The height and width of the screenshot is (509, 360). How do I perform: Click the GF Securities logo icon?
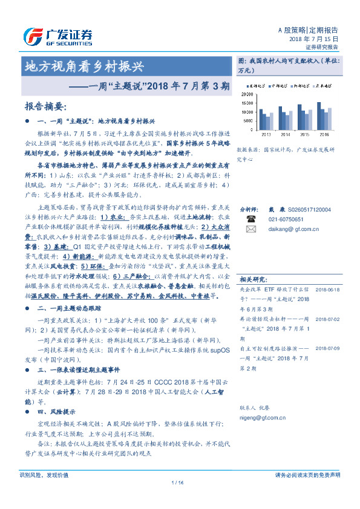[x=33, y=36]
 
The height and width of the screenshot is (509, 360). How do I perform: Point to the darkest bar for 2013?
[x=261, y=119]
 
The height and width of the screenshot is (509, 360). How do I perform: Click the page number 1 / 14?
[x=177, y=482]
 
